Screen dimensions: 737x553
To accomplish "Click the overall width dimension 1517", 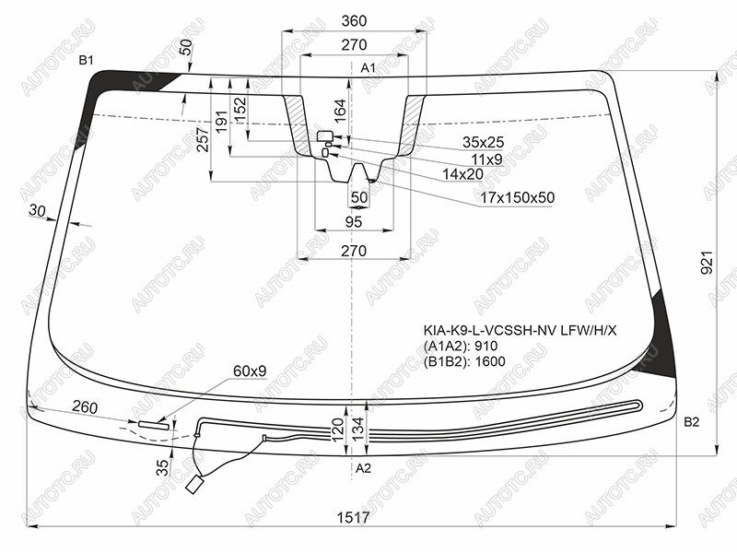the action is point(354,517).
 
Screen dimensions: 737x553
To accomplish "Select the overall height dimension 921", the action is point(707,263).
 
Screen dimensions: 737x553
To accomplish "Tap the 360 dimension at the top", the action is point(354,21).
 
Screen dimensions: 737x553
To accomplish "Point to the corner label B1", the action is point(87,60).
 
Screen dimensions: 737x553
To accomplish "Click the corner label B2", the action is point(692,422).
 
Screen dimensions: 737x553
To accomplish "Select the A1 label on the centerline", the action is point(368,68).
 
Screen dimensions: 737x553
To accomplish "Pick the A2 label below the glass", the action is point(363,468).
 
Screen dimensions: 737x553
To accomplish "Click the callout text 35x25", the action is point(483,142).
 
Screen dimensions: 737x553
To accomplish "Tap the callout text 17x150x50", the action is point(517,197).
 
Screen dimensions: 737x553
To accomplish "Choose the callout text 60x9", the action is point(250,371).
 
